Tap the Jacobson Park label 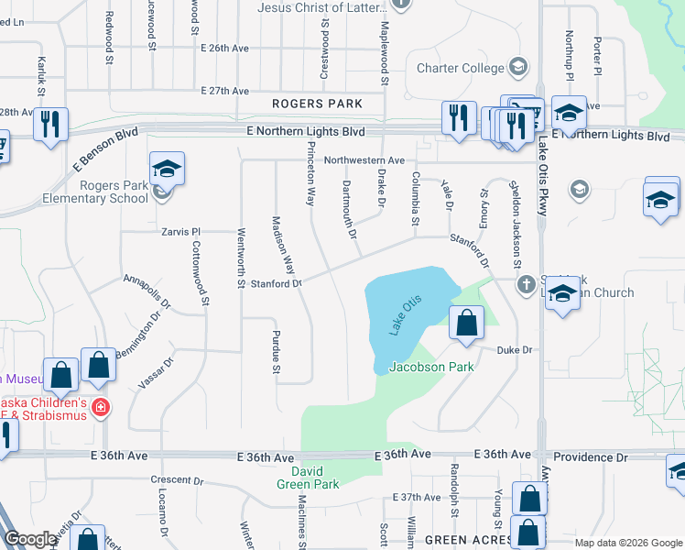coord(431,367)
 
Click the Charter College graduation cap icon coord(517,67)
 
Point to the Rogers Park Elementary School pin coord(168,170)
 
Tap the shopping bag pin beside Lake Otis coord(467,324)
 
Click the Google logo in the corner coord(29,539)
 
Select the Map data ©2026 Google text coord(627,543)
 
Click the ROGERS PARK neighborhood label coord(316,104)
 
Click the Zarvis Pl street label coord(180,232)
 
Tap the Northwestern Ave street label coord(364,160)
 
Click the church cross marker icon coord(527,284)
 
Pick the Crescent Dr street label coord(177,479)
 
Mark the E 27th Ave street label coord(224,91)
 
